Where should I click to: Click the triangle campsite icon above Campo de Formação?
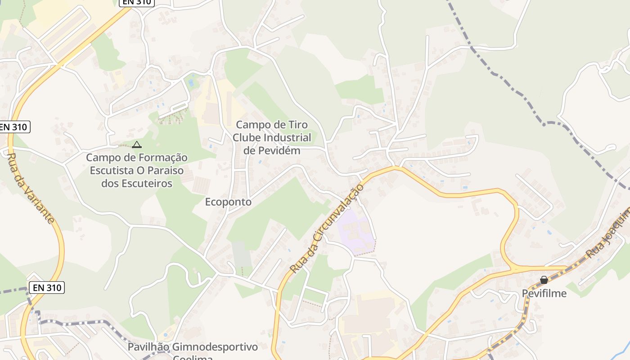137,144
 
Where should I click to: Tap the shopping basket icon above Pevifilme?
544,280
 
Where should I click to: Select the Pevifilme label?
544,293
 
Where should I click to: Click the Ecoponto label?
228,202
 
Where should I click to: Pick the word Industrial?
288,137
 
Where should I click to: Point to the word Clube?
247,137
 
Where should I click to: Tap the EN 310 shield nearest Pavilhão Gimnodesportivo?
46,288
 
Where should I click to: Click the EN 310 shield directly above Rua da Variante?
13,127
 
